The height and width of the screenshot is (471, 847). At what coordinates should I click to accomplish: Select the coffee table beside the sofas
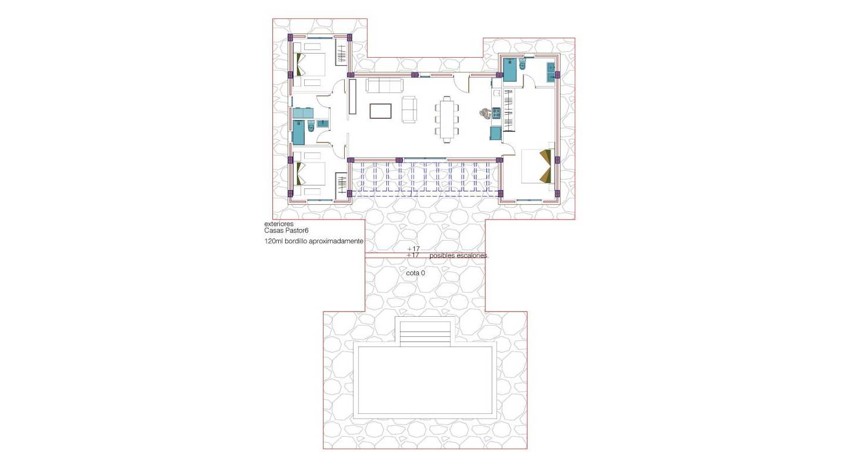(x=381, y=111)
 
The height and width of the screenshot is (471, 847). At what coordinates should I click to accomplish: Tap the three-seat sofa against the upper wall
(x=385, y=85)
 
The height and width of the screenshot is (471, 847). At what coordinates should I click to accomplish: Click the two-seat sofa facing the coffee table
(x=409, y=109)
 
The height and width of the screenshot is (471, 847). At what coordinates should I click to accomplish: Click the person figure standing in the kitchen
(x=485, y=114)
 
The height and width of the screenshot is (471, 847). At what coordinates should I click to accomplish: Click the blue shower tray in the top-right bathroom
(x=509, y=69)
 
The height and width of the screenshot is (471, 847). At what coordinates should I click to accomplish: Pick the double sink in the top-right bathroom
(x=551, y=71)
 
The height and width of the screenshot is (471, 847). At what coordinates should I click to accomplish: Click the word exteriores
(x=279, y=224)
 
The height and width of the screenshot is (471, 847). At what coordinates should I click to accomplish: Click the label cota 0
(x=415, y=273)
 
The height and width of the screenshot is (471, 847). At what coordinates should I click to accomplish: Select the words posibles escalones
(x=459, y=256)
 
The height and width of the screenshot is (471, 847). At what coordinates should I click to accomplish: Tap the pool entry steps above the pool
(x=424, y=333)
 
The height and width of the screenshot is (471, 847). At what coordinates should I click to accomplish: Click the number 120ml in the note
(x=274, y=241)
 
